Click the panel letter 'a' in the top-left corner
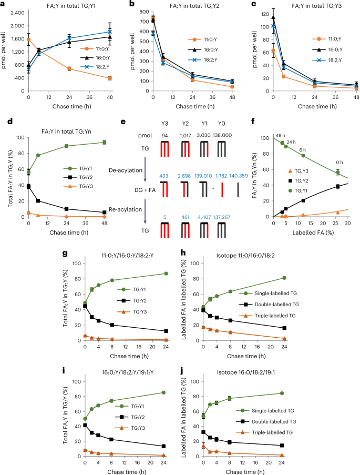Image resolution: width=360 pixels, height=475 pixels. [x=3, y=4]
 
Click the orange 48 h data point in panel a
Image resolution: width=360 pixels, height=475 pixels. [x=125, y=78]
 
